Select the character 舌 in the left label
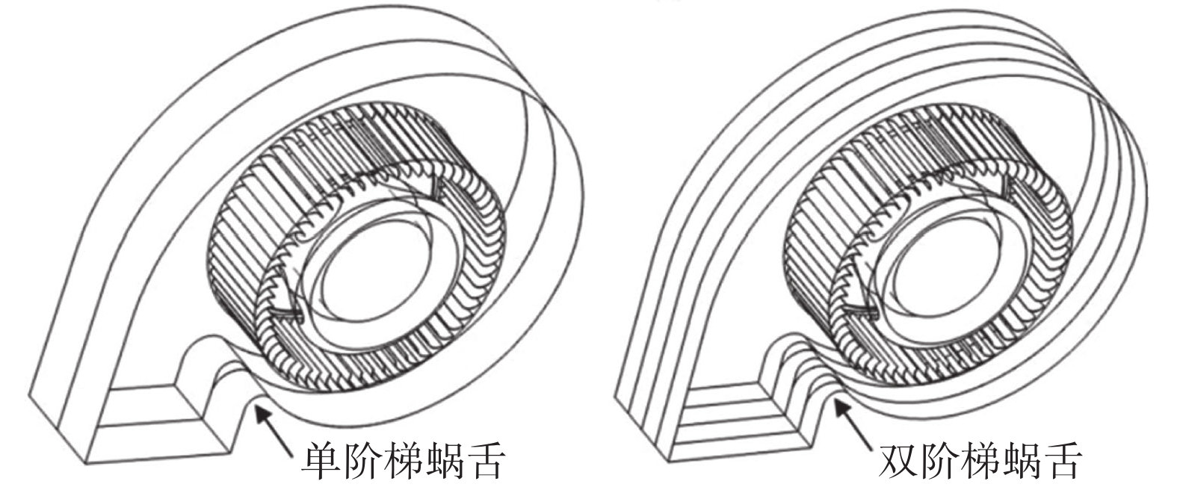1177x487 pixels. [486, 462]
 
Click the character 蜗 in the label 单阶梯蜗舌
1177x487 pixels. [445, 462]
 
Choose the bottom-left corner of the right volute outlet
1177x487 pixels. [669, 462]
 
